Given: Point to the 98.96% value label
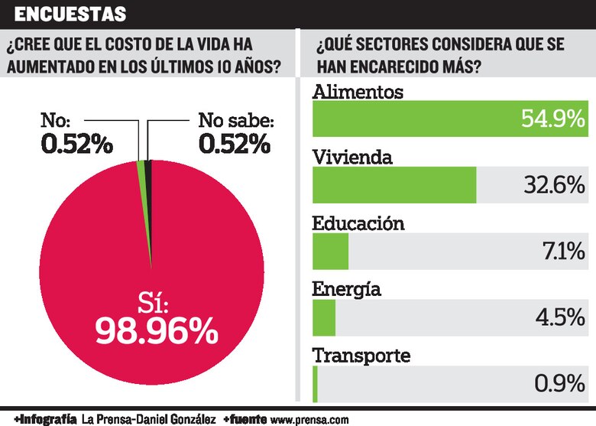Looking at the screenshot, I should coord(157,330).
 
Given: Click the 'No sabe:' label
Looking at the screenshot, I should coord(235,120).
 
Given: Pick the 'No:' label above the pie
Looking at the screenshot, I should coord(56,120).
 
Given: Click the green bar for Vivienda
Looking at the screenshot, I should coord(394,185).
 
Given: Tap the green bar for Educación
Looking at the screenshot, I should coord(331,252).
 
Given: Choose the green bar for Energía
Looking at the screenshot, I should coord(325,317).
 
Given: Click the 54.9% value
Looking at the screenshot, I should coord(553,119).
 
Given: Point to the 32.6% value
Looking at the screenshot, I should coord(553,185).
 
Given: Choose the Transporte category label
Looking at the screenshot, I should coord(362,356).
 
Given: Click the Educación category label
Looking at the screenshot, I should coord(358,223).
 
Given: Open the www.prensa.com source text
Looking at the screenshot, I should coord(309,419).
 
